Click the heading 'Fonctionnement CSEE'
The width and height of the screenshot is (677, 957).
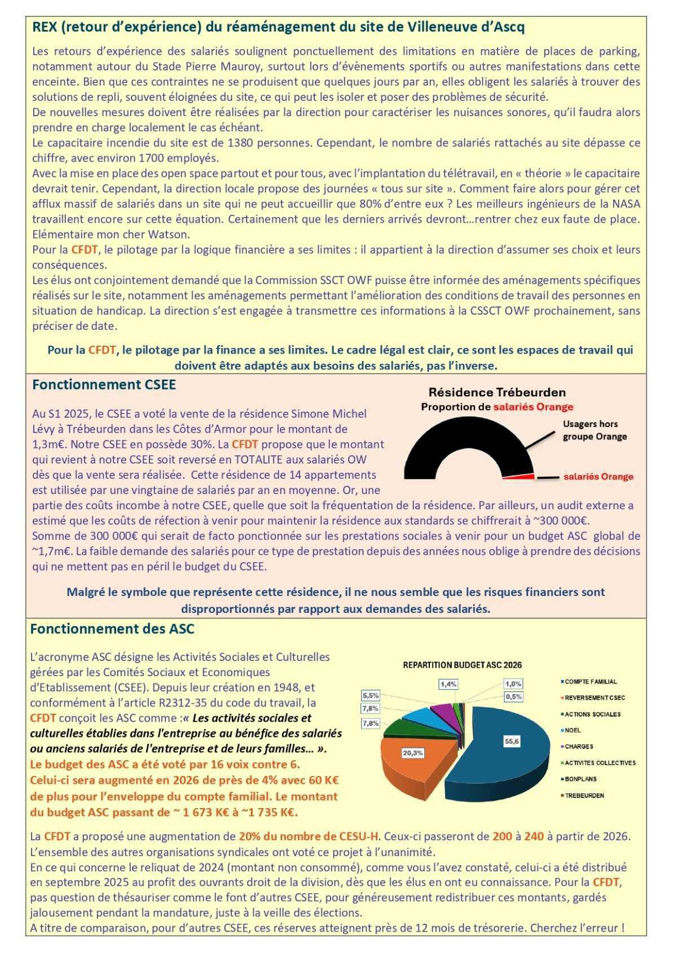point(104,385)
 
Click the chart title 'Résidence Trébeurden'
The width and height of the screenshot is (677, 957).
point(496,392)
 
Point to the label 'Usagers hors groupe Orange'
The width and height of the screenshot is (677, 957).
point(595,430)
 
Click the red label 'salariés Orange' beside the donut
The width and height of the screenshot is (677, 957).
point(598,477)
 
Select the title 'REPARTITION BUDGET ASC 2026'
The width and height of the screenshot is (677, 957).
point(462,665)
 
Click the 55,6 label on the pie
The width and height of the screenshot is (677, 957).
point(512,742)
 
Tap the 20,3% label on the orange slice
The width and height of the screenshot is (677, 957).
point(412,753)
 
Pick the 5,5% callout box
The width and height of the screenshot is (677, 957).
point(371,695)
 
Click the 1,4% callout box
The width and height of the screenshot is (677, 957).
point(449,683)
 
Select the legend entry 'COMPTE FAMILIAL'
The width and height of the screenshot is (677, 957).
point(591,682)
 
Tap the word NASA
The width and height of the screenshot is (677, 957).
point(628,204)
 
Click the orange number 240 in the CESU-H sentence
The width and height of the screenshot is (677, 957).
point(534,836)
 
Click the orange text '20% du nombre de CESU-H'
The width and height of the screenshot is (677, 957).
point(308,836)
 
